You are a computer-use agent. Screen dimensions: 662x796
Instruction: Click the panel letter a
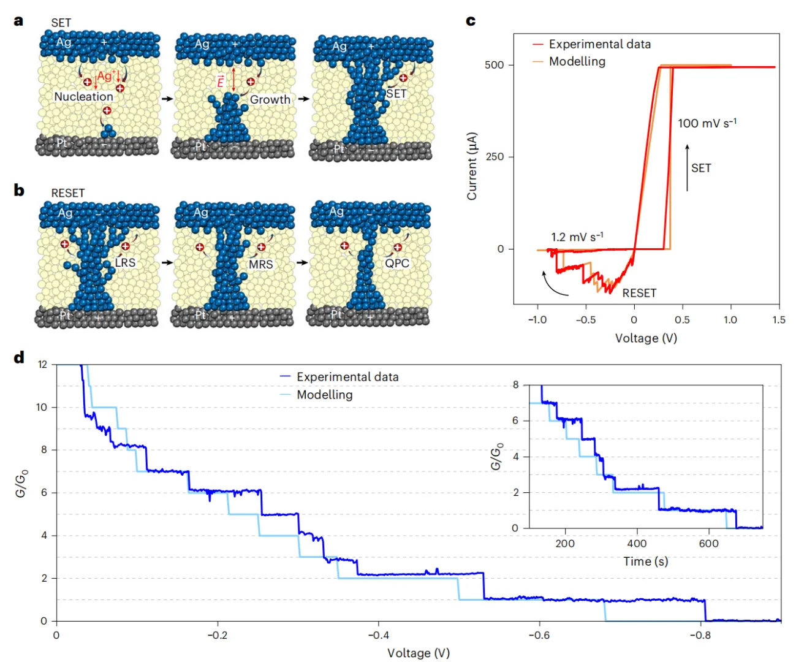[18, 21]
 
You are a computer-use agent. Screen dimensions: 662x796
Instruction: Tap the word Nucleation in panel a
[83, 97]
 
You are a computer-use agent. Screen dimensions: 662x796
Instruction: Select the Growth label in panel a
[270, 99]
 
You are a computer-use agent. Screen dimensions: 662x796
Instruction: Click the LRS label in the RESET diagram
[125, 262]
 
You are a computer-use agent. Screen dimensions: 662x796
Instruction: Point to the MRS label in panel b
[260, 264]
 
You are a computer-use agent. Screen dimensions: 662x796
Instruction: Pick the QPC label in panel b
[396, 263]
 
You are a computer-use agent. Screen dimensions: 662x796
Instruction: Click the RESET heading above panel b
[67, 193]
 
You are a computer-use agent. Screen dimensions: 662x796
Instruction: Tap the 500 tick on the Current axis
[494, 65]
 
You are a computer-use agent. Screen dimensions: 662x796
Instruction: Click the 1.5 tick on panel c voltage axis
[779, 320]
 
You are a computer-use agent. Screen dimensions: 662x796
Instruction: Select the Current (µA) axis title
[472, 165]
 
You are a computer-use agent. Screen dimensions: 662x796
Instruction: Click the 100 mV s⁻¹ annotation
[707, 123]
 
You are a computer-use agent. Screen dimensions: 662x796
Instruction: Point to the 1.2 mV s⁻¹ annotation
[577, 237]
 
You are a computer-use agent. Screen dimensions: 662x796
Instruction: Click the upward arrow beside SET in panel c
[687, 167]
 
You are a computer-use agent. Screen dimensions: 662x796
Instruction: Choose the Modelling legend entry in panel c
[577, 61]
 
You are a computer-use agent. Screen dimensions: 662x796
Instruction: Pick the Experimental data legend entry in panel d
[347, 377]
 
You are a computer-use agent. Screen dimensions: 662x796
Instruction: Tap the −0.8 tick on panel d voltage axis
[700, 635]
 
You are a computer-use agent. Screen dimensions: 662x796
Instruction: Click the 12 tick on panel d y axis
[42, 365]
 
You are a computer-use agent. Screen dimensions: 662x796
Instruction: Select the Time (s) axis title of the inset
[645, 561]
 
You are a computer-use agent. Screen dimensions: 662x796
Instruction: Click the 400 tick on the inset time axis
[637, 543]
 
